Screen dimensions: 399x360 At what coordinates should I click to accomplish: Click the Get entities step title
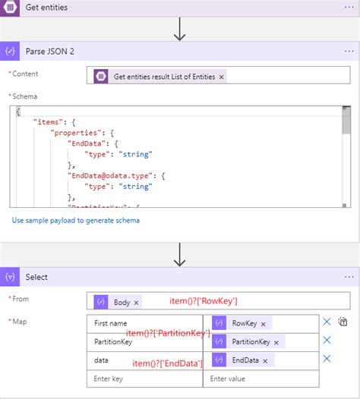pos(46,8)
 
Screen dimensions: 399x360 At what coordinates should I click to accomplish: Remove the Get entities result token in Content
pos(221,77)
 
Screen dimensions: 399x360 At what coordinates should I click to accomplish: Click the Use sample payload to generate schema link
pos(76,220)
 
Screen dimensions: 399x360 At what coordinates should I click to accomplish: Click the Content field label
pos(26,74)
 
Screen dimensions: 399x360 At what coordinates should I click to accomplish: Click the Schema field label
pos(25,97)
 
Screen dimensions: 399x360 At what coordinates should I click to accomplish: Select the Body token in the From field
pos(122,302)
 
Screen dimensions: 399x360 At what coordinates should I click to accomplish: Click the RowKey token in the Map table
pos(245,322)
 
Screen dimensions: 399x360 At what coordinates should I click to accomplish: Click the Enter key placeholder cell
pos(144,378)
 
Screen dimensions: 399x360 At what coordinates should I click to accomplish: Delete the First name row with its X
pos(327,322)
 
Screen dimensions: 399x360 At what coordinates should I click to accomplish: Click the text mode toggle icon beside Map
pos(343,322)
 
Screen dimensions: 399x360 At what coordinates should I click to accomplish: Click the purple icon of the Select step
pos(12,277)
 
